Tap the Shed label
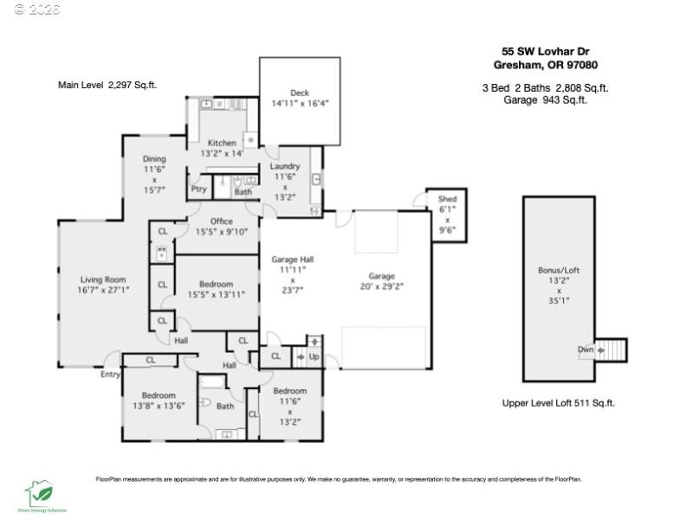[x=447, y=199]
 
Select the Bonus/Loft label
[x=559, y=271]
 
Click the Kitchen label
[x=222, y=143]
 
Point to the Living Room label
[x=103, y=279]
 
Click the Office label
[x=222, y=221]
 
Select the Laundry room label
[x=285, y=166]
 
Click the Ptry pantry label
[x=198, y=189]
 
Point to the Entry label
[x=110, y=375]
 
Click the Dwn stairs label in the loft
[x=586, y=349]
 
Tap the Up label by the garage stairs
[x=314, y=356]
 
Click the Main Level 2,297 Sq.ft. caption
[x=107, y=85]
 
